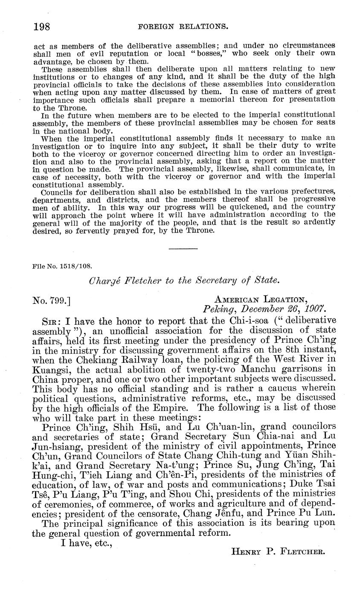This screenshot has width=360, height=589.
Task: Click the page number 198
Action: tap(42, 27)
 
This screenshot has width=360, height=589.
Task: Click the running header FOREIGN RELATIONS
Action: tap(182, 27)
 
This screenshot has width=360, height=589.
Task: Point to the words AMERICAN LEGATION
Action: tap(261, 300)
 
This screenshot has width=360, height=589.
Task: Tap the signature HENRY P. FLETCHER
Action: tap(278, 551)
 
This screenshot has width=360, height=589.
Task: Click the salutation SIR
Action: tap(50, 321)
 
